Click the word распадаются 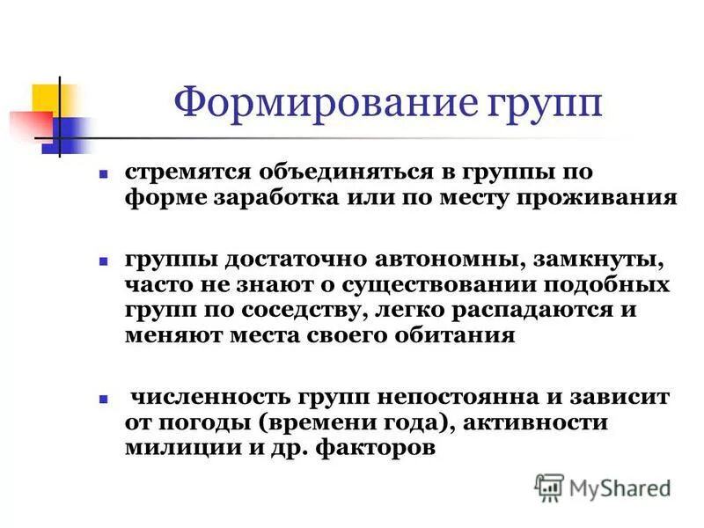click(x=488, y=312)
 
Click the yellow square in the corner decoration click(x=46, y=98)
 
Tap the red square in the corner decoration click(x=24, y=123)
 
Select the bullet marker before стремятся click(x=103, y=172)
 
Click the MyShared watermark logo click(x=603, y=487)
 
